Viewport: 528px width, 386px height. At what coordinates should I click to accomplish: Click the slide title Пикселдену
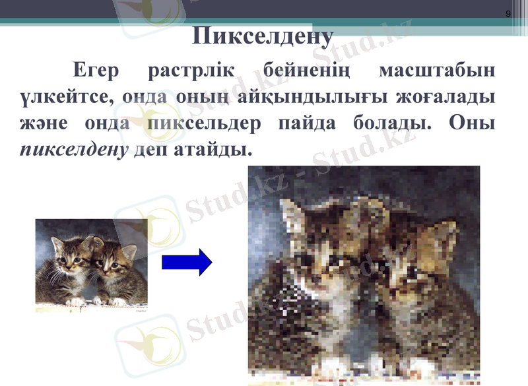[263, 36]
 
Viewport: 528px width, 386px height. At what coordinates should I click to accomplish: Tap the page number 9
[508, 13]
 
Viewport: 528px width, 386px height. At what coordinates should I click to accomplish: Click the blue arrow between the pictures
[187, 263]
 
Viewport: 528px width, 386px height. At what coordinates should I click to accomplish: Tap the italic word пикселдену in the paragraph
[73, 150]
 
